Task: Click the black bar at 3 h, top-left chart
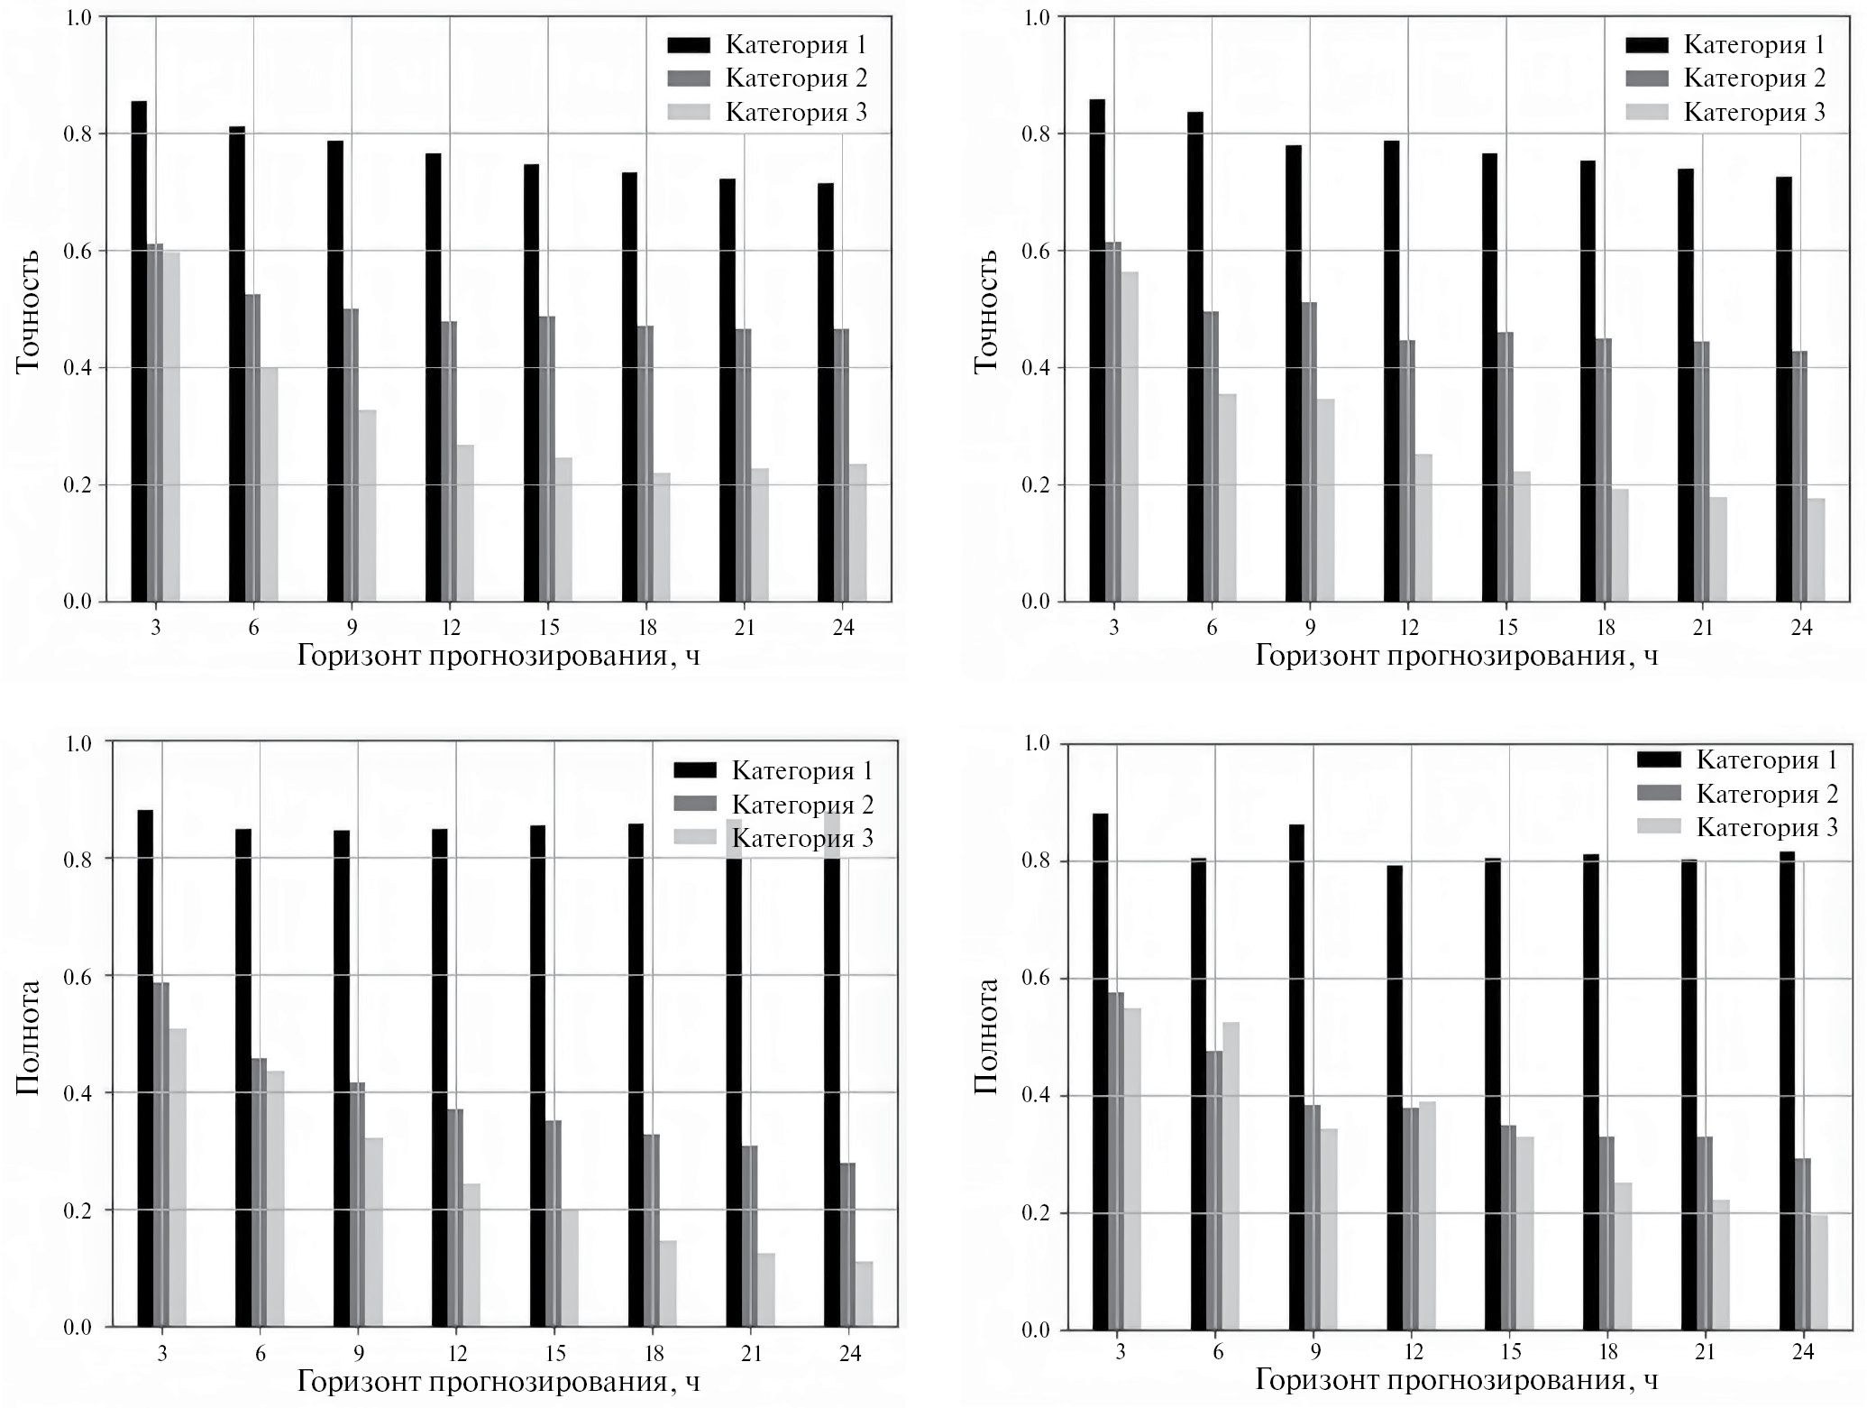[139, 351]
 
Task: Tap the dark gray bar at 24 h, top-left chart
[841, 465]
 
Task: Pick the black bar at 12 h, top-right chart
[1392, 371]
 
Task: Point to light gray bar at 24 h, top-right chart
[1817, 549]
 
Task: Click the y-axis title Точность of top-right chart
[986, 311]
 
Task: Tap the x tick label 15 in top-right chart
[1506, 628]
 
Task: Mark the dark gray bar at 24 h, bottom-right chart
[1803, 1244]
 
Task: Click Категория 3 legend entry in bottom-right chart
[1766, 828]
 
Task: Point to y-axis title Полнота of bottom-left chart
[28, 1037]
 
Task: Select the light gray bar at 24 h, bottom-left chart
[865, 1293]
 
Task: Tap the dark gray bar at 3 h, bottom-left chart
[161, 1154]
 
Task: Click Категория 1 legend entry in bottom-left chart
[801, 771]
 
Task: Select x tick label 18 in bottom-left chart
[654, 1353]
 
